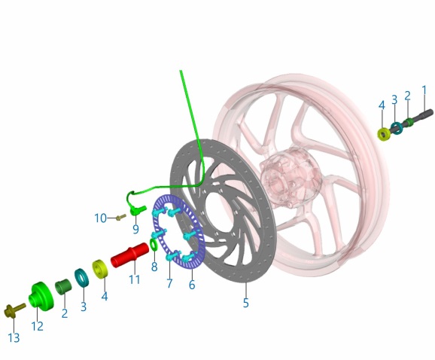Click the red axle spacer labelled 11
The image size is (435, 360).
(x=130, y=255)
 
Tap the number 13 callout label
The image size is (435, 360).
(x=14, y=338)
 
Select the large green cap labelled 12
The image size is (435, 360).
(x=41, y=295)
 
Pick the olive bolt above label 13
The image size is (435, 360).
(x=15, y=310)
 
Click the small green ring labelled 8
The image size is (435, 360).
(x=153, y=244)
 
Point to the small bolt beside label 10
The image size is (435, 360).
(x=120, y=217)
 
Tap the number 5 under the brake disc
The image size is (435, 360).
(x=245, y=303)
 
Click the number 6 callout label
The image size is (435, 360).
(x=192, y=285)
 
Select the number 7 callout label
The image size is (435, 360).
(x=169, y=283)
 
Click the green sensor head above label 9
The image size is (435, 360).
(x=137, y=210)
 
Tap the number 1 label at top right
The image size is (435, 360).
(x=424, y=90)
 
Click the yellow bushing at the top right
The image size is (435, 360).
(x=384, y=134)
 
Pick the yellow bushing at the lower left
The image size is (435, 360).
(x=100, y=269)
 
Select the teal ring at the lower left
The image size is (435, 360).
(x=81, y=278)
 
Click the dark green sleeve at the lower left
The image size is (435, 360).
(x=63, y=287)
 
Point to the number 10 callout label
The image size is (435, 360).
(x=100, y=218)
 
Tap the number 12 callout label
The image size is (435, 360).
(x=37, y=326)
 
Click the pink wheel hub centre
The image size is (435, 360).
(x=290, y=178)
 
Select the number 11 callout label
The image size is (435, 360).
(x=135, y=279)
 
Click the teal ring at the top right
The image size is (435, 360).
(x=397, y=128)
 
